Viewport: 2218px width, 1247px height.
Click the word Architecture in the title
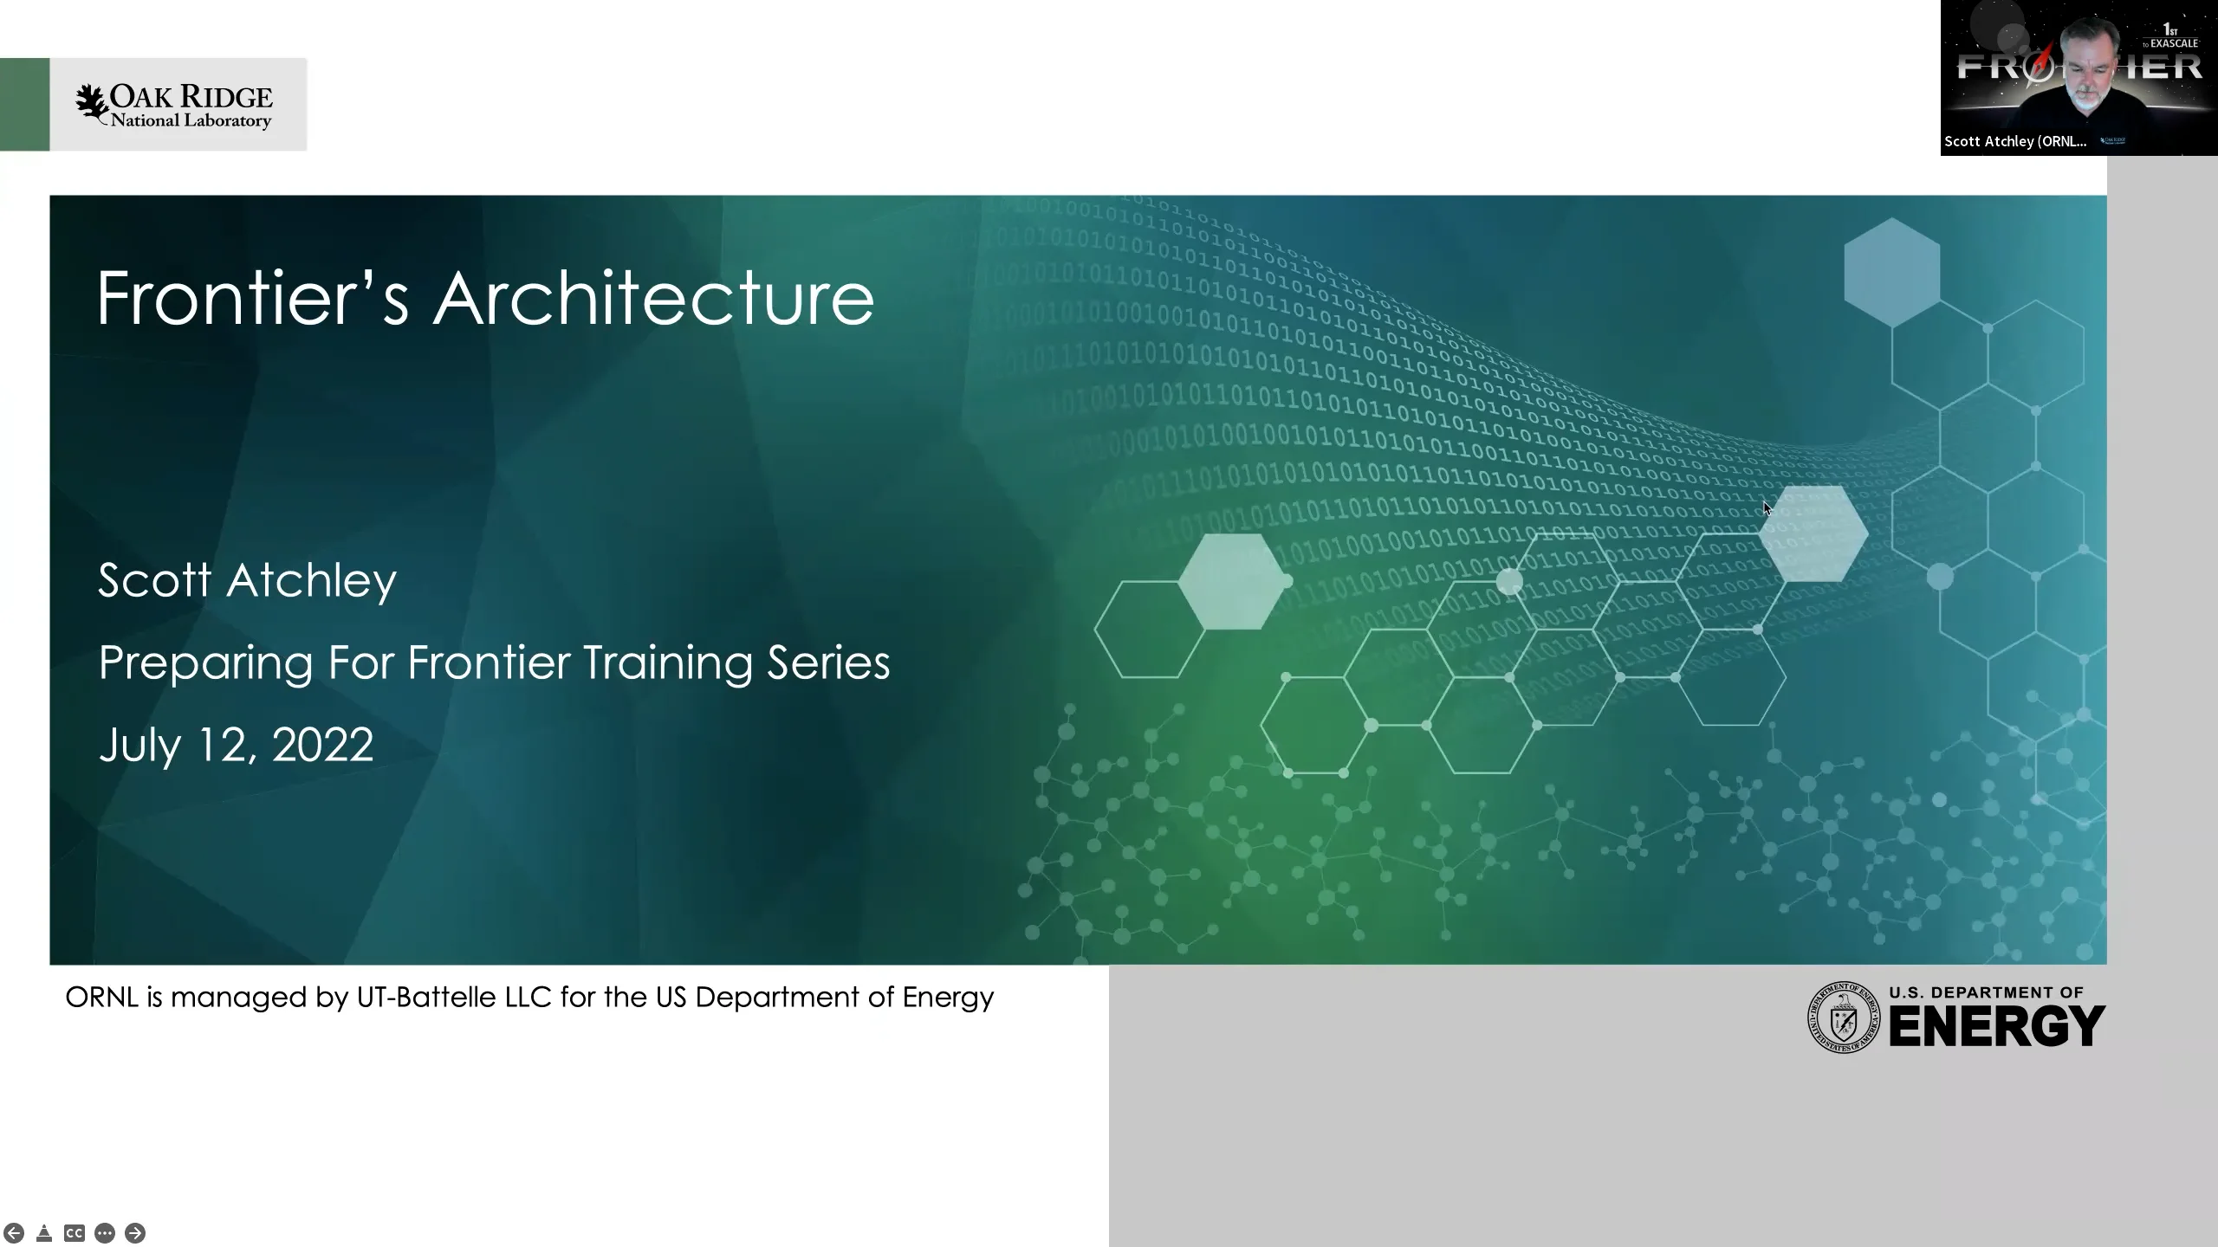[x=653, y=299]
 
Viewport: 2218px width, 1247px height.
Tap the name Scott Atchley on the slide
[x=247, y=580]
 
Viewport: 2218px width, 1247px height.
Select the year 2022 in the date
[x=322, y=745]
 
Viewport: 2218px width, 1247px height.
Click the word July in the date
[x=139, y=745]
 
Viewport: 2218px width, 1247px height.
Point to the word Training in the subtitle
[x=667, y=663]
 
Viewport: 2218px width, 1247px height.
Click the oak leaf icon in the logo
[x=91, y=104]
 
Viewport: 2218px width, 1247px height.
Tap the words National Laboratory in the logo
[x=191, y=121]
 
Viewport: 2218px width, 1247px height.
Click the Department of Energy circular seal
[x=1843, y=1018]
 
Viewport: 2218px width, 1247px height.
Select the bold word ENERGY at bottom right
[x=1996, y=1026]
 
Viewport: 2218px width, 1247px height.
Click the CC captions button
[x=75, y=1233]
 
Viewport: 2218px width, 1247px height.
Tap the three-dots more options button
[x=105, y=1233]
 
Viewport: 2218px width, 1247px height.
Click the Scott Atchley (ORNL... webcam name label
[x=2014, y=141]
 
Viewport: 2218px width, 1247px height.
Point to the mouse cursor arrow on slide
[x=1767, y=507]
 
